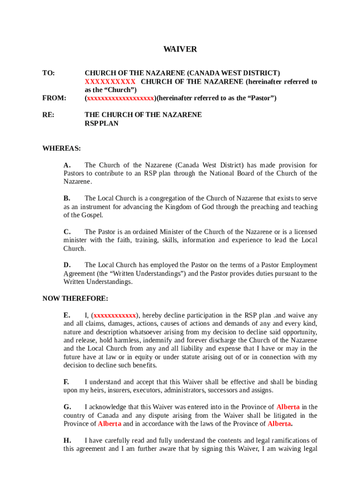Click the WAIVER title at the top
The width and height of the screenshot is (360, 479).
(x=180, y=49)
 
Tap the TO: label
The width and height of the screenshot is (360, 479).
(x=49, y=73)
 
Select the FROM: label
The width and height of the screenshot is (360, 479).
(x=54, y=98)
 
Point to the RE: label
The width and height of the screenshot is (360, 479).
(x=48, y=115)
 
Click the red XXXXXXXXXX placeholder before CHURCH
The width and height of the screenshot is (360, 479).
(x=110, y=82)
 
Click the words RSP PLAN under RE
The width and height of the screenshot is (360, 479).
(x=101, y=123)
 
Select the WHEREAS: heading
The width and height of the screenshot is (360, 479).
(x=62, y=149)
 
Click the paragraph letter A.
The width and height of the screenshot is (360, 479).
(x=67, y=165)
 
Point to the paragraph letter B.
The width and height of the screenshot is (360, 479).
(x=67, y=198)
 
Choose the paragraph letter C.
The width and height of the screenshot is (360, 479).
(x=67, y=232)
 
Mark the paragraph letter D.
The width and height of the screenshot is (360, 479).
(x=67, y=265)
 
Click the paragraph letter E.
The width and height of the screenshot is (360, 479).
(x=67, y=315)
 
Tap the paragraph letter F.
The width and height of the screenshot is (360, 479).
(x=66, y=382)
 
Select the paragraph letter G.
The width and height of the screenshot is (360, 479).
(x=67, y=407)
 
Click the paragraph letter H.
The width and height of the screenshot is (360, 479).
(x=67, y=440)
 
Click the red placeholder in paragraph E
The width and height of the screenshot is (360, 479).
(x=115, y=315)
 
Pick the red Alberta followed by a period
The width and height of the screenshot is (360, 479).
(x=279, y=424)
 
